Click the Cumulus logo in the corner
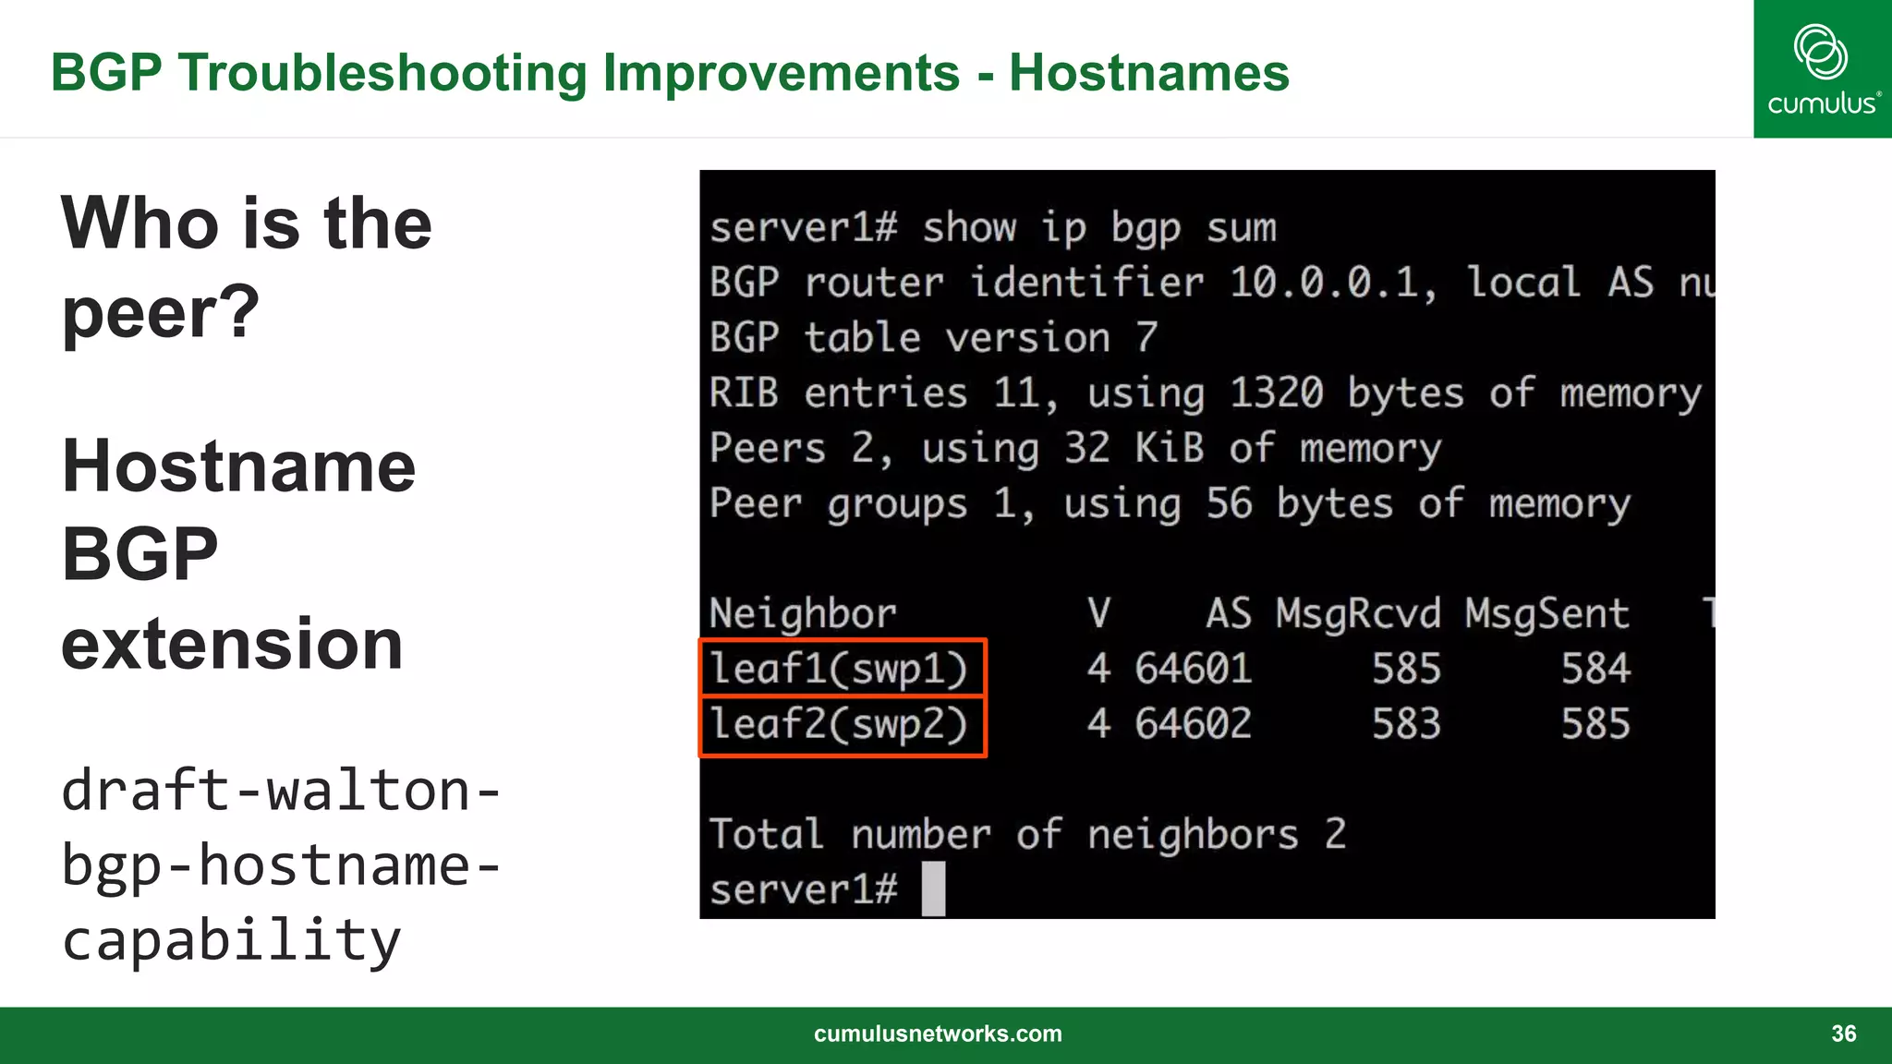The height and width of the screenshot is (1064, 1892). click(1822, 69)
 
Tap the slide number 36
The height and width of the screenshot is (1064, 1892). click(1843, 1034)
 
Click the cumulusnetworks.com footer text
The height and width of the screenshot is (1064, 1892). click(938, 1034)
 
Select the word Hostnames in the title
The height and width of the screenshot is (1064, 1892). click(1148, 72)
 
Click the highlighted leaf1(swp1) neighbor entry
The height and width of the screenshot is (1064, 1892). click(840, 669)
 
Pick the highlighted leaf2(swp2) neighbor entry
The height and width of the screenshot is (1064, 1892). click(840, 724)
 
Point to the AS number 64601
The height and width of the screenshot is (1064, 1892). click(1193, 669)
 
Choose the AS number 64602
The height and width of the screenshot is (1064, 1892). click(1193, 724)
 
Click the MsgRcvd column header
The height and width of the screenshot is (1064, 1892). click(1357, 614)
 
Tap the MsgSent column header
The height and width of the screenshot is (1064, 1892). click(1546, 614)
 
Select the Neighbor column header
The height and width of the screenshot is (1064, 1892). click(802, 614)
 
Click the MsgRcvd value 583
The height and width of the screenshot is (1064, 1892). click(1405, 724)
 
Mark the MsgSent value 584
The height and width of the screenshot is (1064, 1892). click(1595, 669)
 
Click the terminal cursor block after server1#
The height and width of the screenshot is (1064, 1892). click(934, 889)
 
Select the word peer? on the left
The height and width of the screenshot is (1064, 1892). click(161, 312)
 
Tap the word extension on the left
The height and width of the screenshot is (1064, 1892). click(232, 644)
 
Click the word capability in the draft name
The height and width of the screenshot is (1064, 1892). click(232, 940)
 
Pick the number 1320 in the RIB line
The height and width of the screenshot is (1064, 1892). click(1276, 393)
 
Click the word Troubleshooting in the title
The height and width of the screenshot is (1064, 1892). click(383, 72)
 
